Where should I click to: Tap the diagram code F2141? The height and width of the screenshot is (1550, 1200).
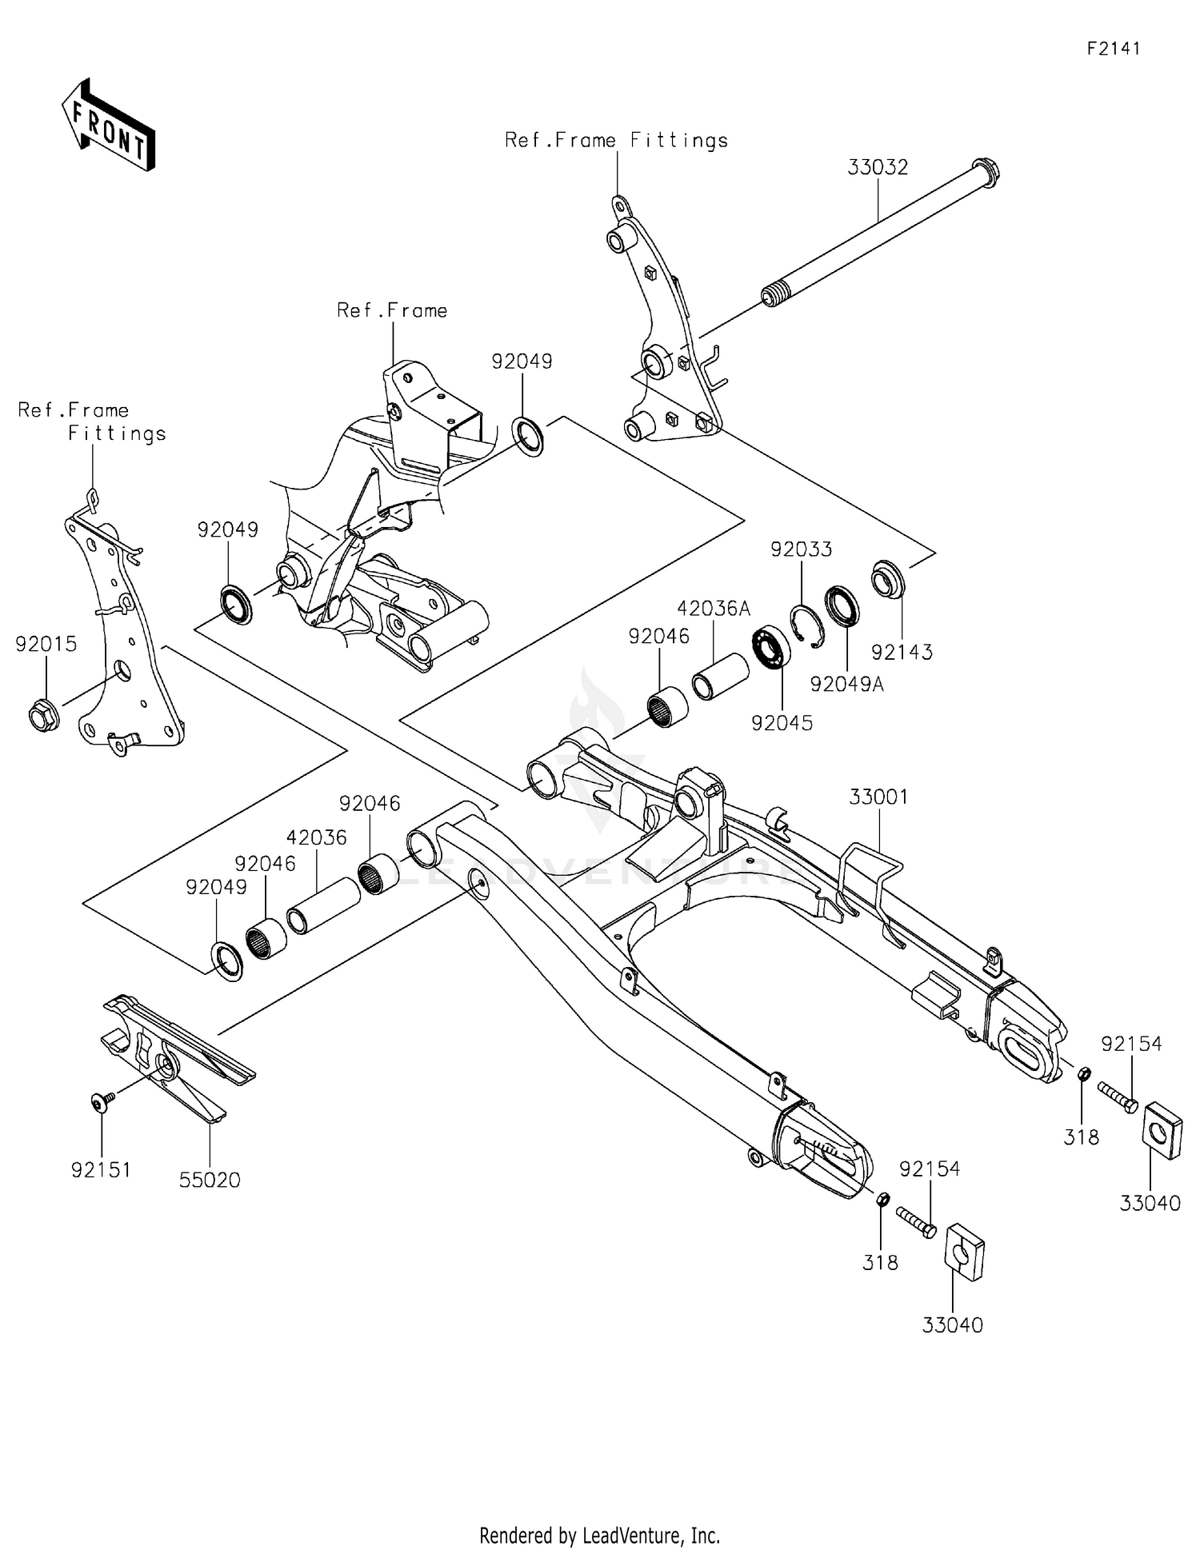pos(1114,49)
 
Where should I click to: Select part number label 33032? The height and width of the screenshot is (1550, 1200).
pos(878,167)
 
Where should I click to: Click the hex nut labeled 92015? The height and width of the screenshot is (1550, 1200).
pos(42,714)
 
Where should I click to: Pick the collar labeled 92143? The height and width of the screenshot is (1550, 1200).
pos(888,579)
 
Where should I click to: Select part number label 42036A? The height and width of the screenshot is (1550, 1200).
pos(714,609)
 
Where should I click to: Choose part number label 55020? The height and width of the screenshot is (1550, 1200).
pos(209,1180)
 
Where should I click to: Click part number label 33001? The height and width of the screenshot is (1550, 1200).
pos(878,797)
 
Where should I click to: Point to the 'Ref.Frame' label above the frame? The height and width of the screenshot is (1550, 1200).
pos(392,310)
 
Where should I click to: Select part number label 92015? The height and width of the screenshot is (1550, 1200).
pos(46,644)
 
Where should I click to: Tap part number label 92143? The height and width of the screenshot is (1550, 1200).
pos(902,652)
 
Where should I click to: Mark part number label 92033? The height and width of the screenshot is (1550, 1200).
pos(801,549)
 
